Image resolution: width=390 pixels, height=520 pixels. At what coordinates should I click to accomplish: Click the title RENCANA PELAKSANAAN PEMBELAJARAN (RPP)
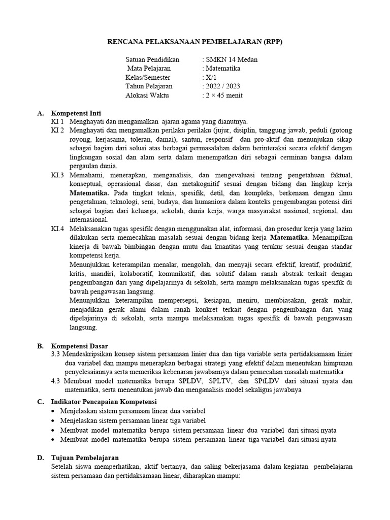click(x=195, y=42)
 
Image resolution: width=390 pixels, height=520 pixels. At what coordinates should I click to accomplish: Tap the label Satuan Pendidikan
click(x=152, y=59)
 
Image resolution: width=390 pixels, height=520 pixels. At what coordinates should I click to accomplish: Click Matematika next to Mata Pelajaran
click(x=222, y=68)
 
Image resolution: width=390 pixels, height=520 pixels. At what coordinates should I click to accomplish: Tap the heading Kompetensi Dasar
click(x=79, y=345)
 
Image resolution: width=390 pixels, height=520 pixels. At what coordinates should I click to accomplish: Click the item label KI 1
click(x=57, y=121)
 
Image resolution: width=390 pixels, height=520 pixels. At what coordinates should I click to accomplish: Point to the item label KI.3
click(x=57, y=175)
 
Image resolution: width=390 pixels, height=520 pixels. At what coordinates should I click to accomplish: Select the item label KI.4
click(x=57, y=229)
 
